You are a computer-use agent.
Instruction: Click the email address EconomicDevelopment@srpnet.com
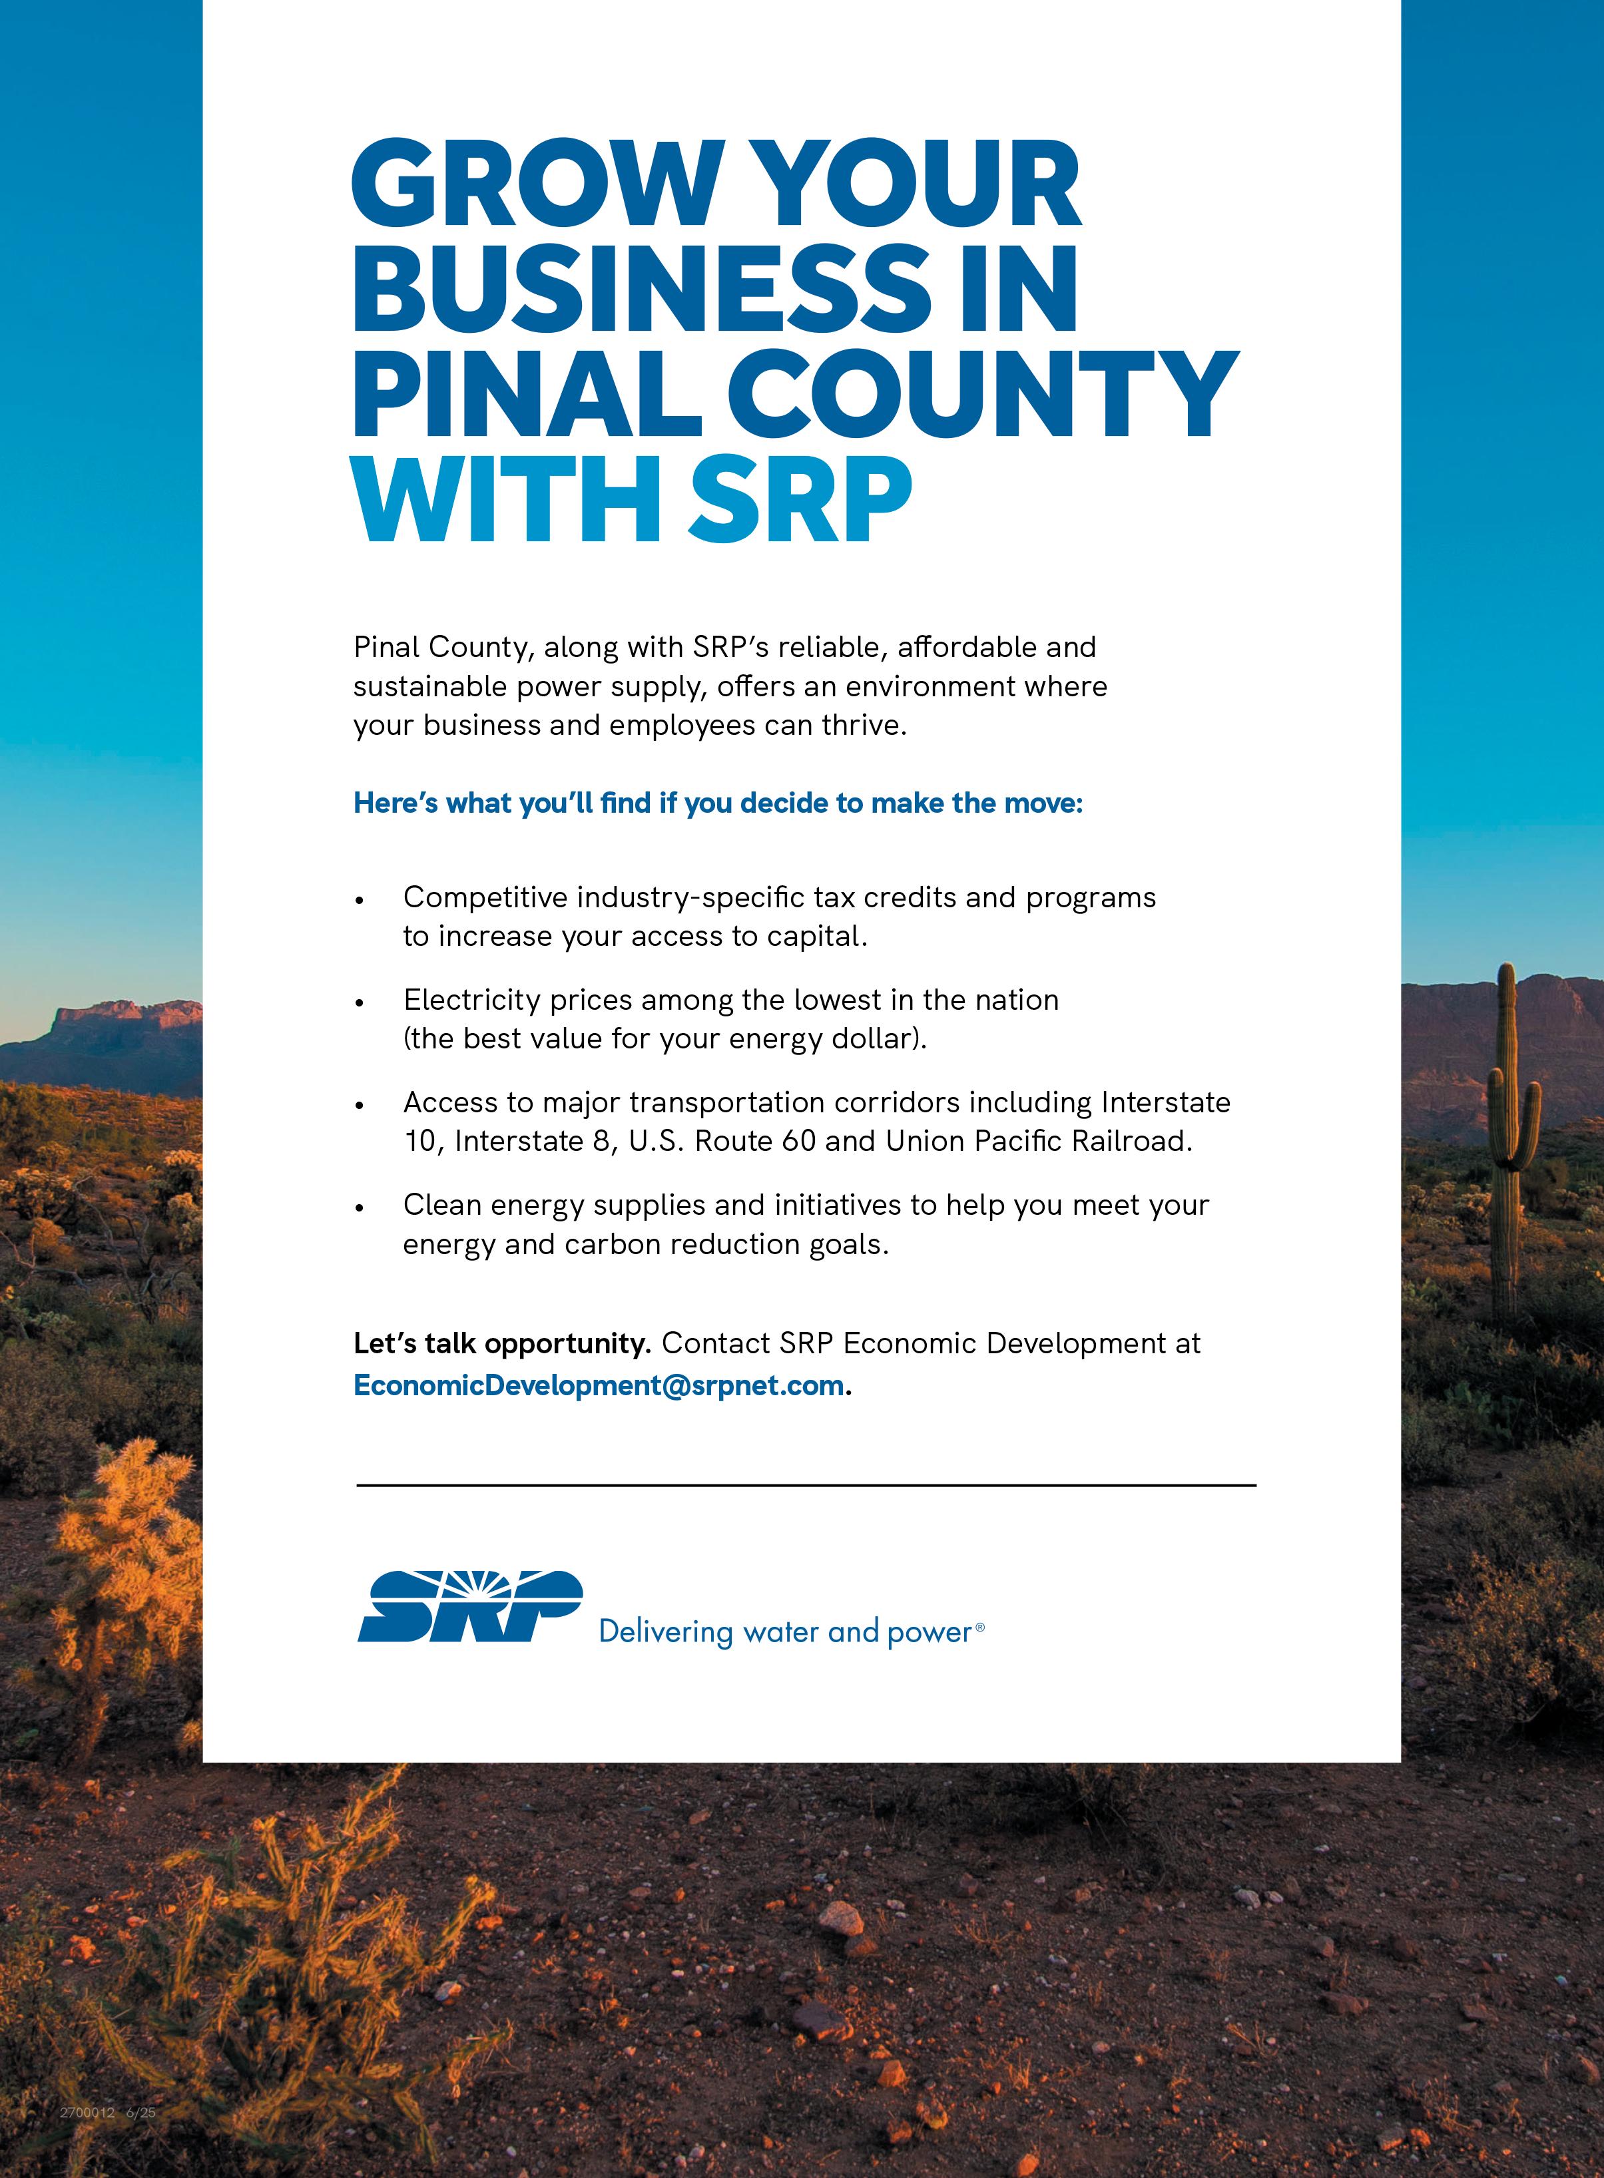tap(598, 1385)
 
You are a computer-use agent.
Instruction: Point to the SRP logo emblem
tap(470, 1606)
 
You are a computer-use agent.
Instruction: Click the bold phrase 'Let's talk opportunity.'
tap(501, 1344)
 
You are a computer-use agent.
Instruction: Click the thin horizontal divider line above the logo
tap(806, 1486)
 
